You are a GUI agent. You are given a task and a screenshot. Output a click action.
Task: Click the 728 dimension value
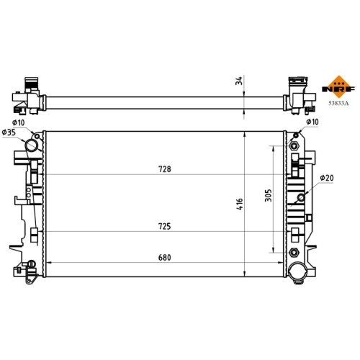coord(165,169)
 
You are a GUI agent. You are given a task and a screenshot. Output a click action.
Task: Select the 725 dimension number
coord(165,226)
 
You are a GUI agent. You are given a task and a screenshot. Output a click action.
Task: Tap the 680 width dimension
coord(165,258)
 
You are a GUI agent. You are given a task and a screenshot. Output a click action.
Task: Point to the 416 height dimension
coord(240,204)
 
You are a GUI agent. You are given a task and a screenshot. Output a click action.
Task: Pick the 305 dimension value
coord(269,195)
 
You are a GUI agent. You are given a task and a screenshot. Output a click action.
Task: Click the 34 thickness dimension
coord(239,81)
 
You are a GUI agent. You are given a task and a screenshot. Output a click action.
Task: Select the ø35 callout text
coord(9,132)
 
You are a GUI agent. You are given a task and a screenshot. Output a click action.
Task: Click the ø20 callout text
coord(327,178)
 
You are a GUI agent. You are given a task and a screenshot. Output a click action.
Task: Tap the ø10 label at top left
coord(19,122)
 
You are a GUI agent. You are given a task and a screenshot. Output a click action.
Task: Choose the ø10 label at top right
coord(312,122)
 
